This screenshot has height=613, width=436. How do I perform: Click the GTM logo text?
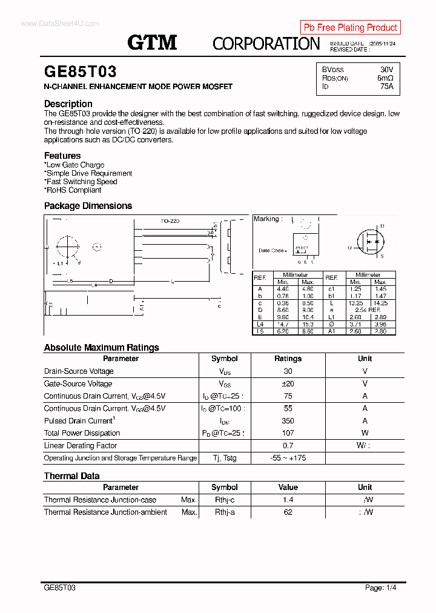click(x=152, y=42)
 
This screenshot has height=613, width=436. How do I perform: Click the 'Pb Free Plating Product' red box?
click(x=351, y=27)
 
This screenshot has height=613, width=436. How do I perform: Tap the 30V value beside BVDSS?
click(x=386, y=70)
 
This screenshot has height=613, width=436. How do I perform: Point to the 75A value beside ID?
click(x=386, y=87)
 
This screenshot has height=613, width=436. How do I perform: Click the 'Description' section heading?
click(x=68, y=104)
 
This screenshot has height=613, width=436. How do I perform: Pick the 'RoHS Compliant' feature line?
click(x=73, y=190)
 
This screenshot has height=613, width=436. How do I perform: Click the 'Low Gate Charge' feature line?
click(x=74, y=165)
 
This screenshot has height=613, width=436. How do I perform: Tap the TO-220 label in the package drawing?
click(x=170, y=222)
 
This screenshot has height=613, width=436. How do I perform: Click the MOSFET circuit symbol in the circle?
click(x=368, y=241)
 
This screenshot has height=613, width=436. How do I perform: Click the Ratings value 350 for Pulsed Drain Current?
click(x=288, y=421)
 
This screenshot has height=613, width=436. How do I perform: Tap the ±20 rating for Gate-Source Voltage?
click(x=288, y=383)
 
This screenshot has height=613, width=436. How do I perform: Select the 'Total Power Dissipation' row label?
click(x=82, y=433)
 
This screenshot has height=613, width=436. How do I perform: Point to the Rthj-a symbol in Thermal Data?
click(x=224, y=512)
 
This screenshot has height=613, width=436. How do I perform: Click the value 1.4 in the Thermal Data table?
click(x=288, y=500)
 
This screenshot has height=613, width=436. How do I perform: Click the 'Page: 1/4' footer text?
click(x=381, y=588)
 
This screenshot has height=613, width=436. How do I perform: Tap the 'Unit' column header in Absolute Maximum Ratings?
click(x=365, y=359)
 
